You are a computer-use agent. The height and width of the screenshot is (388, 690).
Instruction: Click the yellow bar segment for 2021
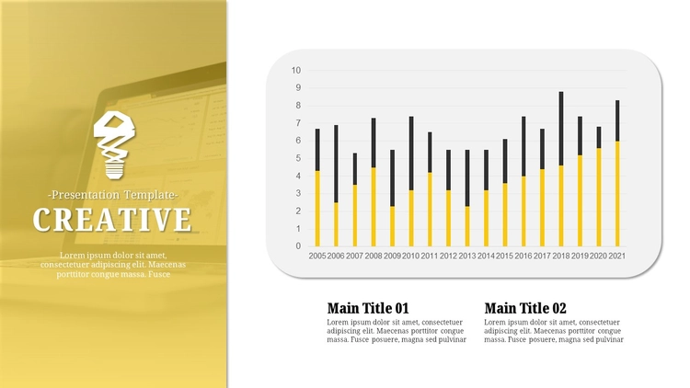tap(617, 194)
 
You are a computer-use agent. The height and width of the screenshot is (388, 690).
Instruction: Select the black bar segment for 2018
tap(561, 129)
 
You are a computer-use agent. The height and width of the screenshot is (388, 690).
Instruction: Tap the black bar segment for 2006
tap(336, 164)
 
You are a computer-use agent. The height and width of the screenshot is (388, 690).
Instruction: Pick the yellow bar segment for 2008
tap(374, 207)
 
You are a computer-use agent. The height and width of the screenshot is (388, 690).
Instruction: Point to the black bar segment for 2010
tap(411, 154)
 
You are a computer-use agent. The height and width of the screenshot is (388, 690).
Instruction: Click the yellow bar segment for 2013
tap(467, 226)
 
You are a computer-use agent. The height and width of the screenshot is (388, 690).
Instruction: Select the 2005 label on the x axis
tap(317, 256)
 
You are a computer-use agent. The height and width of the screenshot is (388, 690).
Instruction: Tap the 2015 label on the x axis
tap(505, 256)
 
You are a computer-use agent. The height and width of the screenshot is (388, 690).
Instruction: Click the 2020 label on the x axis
tap(599, 256)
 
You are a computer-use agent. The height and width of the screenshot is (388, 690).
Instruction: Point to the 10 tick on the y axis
tap(296, 71)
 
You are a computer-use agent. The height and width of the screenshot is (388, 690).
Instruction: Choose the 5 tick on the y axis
tap(298, 158)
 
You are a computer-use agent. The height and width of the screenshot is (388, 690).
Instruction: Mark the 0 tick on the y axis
tap(298, 246)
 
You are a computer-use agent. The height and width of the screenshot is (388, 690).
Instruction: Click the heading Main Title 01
tap(368, 307)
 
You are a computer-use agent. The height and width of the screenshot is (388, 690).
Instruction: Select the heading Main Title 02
tap(525, 307)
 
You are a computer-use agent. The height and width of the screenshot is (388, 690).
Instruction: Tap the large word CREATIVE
tap(112, 220)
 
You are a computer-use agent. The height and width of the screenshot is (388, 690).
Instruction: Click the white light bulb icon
tap(114, 145)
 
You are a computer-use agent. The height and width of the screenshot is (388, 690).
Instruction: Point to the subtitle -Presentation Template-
tap(113, 195)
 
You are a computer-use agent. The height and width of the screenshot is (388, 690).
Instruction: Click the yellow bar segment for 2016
tap(523, 211)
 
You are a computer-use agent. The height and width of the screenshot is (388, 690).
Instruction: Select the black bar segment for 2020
tap(599, 137)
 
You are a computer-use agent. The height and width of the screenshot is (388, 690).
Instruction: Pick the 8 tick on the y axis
tap(298, 106)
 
